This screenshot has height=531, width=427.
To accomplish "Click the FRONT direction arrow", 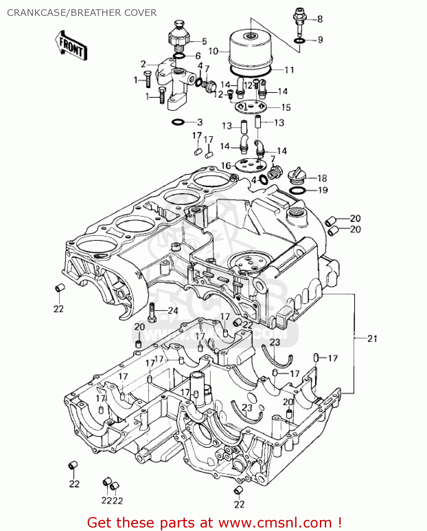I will tap(71, 45).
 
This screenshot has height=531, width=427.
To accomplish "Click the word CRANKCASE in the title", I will tap(36, 13).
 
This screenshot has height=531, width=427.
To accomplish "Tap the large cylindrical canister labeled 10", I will tap(250, 50).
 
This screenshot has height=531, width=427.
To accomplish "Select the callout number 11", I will tap(289, 70).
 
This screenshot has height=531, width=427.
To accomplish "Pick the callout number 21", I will tap(373, 339).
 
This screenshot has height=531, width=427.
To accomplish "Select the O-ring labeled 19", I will tap(298, 191).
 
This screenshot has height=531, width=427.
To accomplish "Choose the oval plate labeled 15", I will tap(250, 107).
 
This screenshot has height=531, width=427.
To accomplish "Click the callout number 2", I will tap(143, 64).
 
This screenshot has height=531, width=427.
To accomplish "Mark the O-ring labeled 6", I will tap(179, 56).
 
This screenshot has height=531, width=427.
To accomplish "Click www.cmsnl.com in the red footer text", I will tap(275, 523).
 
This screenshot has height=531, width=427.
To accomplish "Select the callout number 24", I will tap(172, 311).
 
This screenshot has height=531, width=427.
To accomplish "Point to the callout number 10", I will tap(213, 51).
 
